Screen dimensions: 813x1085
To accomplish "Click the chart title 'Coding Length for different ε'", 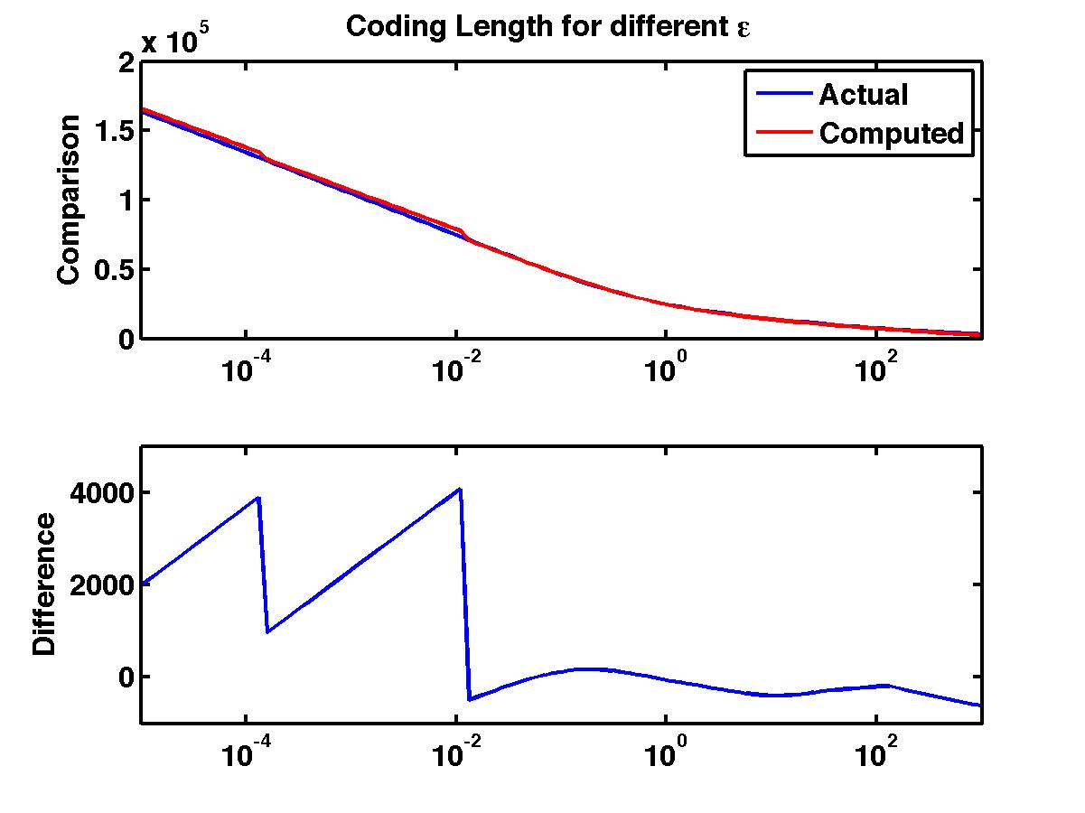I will [549, 26].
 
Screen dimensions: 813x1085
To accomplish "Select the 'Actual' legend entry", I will [863, 94].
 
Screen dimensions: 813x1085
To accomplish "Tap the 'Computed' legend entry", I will [891, 134].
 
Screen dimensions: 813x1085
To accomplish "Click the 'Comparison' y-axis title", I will [70, 200].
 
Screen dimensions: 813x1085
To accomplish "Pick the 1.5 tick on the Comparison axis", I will [112, 131].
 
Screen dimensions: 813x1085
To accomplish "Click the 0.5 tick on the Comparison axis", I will [112, 270].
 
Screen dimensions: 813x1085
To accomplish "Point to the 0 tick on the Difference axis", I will [126, 677].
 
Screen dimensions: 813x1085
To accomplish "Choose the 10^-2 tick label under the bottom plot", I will [455, 755].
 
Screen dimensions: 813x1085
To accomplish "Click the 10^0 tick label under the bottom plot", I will [666, 755].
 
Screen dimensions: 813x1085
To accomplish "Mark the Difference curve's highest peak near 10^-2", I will [461, 489].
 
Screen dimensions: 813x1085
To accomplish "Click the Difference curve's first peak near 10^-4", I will [258, 498].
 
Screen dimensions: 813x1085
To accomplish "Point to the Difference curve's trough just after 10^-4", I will [268, 631].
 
